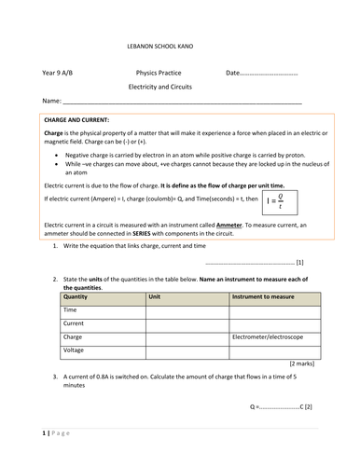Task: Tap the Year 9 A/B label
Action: [62, 72]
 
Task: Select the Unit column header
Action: [156, 295]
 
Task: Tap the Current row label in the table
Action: [74, 322]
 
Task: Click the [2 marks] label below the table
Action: [300, 362]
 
